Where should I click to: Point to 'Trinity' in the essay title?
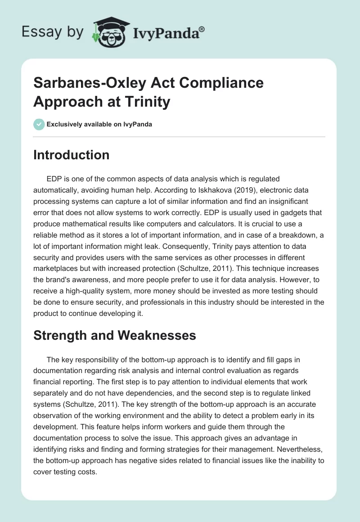pyautogui.click(x=147, y=102)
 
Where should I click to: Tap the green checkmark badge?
pyautogui.click(x=39, y=124)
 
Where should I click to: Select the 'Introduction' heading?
pyautogui.click(x=71, y=155)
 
